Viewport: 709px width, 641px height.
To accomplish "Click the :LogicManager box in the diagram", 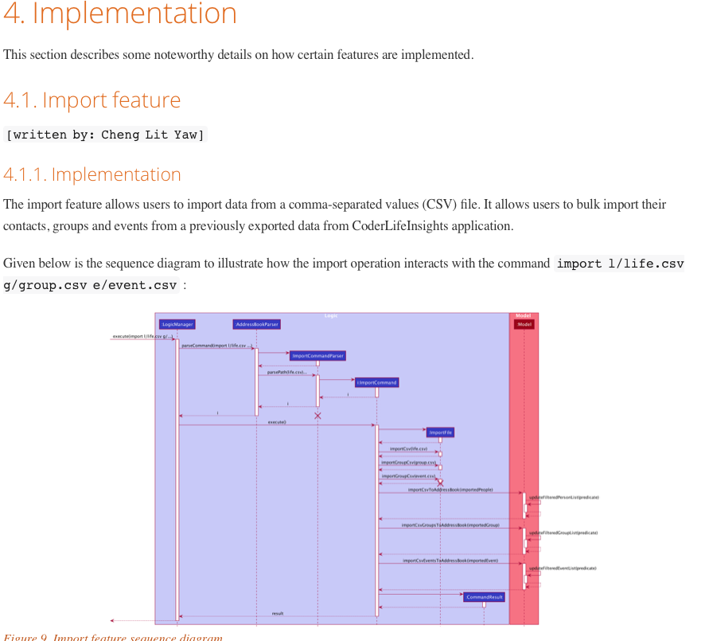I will pos(177,324).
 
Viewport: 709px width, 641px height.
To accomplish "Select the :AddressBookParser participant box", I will pos(256,324).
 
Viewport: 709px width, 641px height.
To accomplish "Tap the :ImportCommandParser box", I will pos(317,356).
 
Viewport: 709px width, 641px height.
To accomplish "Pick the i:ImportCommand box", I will pos(377,382).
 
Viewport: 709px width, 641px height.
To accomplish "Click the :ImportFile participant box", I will pos(440,432).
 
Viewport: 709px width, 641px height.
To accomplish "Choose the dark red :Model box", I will pos(524,324).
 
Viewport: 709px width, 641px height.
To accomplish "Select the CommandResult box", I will pos(484,596).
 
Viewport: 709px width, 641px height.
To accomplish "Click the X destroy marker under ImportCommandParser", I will pos(317,416).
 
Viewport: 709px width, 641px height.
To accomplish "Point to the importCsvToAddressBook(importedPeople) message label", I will pos(450,490).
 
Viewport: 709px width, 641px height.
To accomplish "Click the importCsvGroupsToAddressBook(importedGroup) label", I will pos(450,526).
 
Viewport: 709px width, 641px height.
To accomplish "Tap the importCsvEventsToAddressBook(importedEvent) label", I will pos(450,561).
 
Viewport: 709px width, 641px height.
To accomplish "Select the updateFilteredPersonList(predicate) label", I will pos(563,497).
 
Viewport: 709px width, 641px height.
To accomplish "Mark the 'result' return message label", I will pos(278,613).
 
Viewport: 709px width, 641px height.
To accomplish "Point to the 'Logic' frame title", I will pos(331,316).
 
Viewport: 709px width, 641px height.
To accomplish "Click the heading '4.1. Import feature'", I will pos(92,100).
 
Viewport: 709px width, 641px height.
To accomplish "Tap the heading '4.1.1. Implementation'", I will pos(92,174).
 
